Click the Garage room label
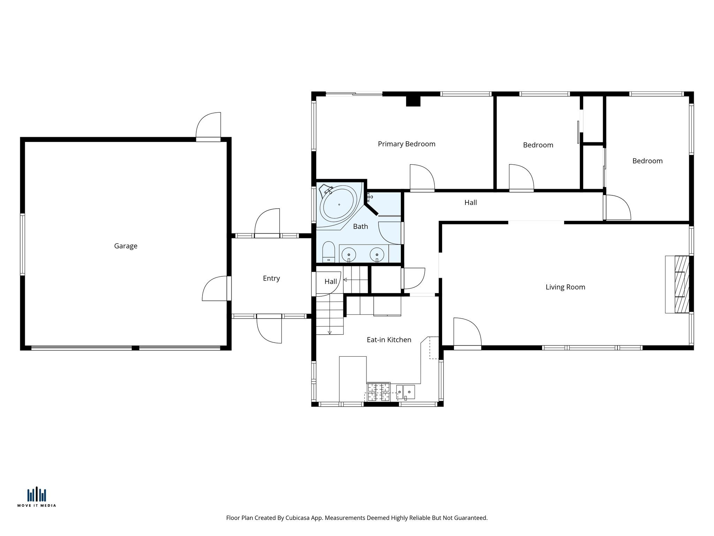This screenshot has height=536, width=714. [126, 246]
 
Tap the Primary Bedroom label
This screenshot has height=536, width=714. [407, 144]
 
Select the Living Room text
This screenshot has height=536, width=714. [565, 287]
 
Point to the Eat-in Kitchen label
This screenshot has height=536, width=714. [389, 340]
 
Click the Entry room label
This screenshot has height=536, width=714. [271, 278]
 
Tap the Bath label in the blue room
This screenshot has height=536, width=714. [360, 226]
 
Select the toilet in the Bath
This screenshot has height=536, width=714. [328, 252]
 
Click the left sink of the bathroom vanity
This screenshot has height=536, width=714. [349, 254]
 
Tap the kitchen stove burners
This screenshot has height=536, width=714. [378, 392]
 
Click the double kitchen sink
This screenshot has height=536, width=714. [405, 392]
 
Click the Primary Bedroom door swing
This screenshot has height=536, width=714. [421, 178]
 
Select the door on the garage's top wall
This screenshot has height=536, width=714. [208, 126]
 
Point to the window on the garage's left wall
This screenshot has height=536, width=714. [23, 244]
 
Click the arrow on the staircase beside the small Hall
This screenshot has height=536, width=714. [345, 280]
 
